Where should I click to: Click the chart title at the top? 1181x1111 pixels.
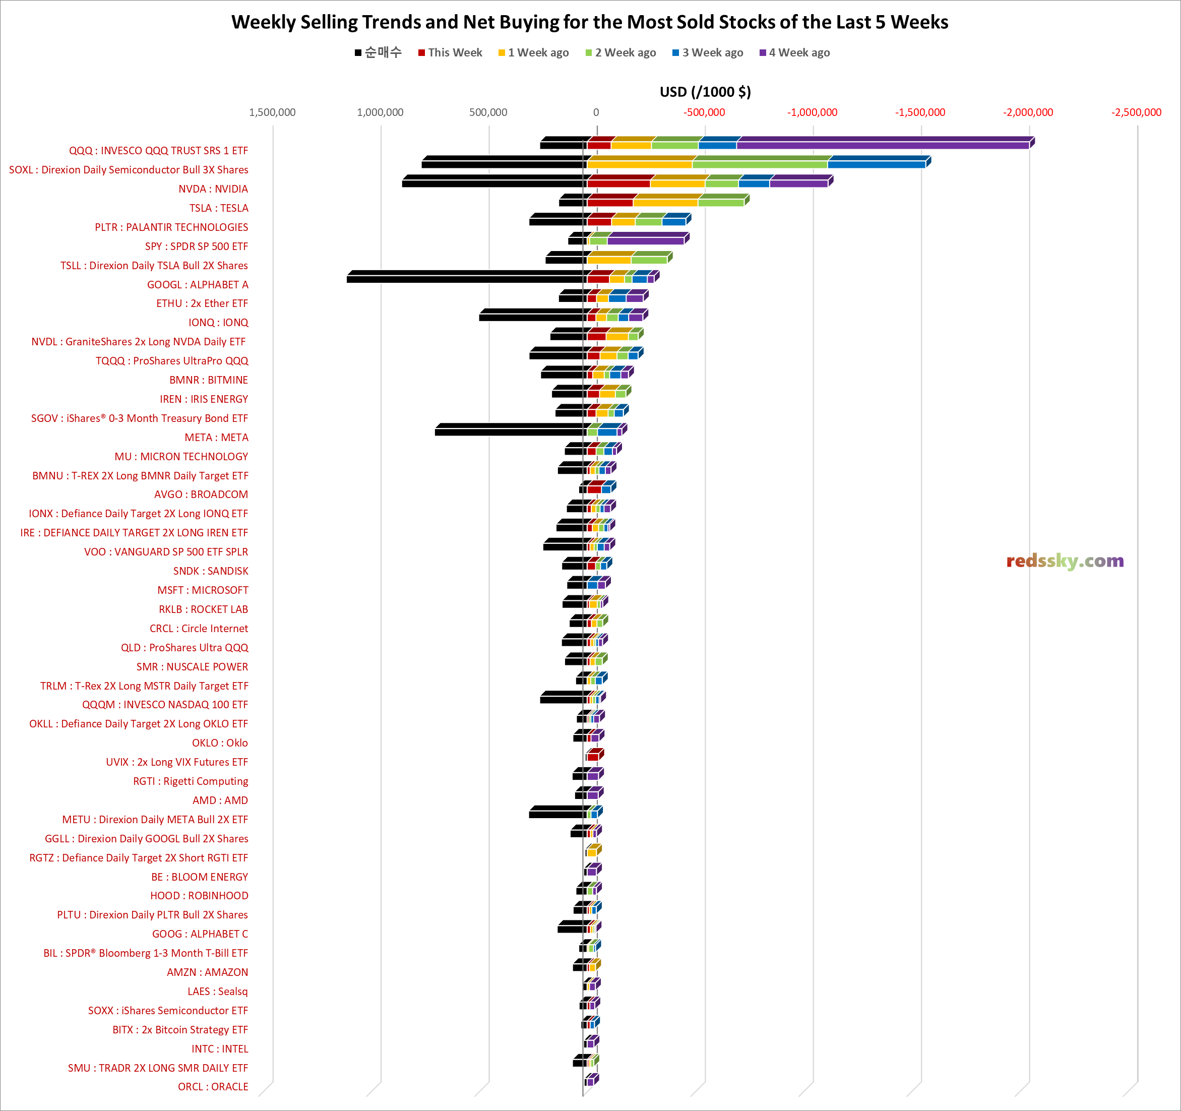tap(589, 22)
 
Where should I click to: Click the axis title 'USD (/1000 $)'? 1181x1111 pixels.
tap(705, 92)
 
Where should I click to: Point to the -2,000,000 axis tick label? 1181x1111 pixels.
tap(1028, 112)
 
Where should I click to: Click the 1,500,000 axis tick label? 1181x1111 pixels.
tap(272, 112)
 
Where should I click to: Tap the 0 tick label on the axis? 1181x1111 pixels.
tap(596, 112)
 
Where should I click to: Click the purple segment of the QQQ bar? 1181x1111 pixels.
tap(882, 145)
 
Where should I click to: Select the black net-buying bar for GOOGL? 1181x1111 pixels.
tap(466, 278)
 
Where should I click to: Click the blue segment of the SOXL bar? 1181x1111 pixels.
tap(876, 164)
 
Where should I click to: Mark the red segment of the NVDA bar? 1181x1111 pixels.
tap(618, 183)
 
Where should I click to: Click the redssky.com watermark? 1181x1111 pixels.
tap(1065, 561)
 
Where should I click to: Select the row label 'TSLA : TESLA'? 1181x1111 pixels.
tap(219, 208)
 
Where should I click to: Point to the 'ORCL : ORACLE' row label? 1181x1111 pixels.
tap(213, 1087)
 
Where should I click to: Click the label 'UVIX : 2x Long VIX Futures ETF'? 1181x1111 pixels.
tap(177, 762)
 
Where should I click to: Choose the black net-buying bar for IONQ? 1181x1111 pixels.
tap(532, 317)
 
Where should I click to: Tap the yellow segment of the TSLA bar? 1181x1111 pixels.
tap(665, 203)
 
